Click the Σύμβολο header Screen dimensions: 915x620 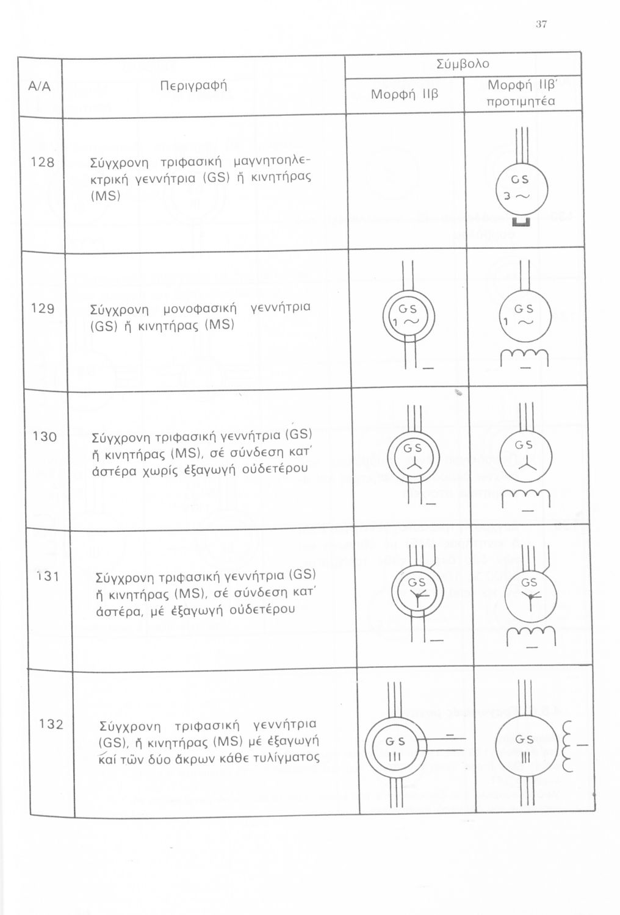(x=463, y=64)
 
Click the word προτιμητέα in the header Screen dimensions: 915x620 (x=523, y=101)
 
